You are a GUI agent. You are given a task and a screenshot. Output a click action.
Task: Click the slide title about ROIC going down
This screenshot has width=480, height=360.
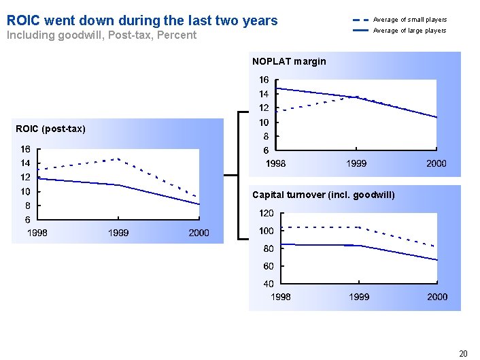point(142,20)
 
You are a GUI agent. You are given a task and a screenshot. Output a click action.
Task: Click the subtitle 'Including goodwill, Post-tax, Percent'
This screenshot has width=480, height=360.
point(101,35)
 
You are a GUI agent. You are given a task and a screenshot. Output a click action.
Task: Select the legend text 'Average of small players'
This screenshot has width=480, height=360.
point(410,20)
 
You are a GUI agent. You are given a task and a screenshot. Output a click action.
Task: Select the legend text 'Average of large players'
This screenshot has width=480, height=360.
point(410,31)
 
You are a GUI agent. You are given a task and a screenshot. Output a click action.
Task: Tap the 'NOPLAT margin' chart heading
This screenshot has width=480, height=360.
point(289,61)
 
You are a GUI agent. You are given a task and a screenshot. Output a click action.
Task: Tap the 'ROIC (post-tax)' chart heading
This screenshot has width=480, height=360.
point(52,129)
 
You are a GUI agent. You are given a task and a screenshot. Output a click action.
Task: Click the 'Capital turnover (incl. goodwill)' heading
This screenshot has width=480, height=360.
point(323,195)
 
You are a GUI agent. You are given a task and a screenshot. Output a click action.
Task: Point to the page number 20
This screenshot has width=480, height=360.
point(463,353)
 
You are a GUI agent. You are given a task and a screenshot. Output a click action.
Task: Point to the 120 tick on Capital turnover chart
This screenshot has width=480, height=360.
point(267,214)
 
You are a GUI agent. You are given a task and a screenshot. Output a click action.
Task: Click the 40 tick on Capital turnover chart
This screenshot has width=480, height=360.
point(269,283)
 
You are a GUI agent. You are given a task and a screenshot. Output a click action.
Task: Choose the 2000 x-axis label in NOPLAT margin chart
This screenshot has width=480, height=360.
point(436,163)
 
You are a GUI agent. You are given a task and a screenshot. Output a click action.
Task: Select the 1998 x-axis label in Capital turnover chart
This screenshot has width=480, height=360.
point(281,297)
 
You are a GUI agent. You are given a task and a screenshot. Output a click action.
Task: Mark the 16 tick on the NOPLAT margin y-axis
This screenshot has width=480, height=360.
point(264,80)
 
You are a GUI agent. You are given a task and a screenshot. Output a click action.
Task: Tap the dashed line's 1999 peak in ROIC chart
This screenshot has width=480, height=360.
point(119,159)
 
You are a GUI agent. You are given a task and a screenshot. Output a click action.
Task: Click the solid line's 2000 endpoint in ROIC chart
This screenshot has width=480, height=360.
point(199,204)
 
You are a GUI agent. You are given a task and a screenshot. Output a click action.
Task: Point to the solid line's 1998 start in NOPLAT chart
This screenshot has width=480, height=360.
point(276,88)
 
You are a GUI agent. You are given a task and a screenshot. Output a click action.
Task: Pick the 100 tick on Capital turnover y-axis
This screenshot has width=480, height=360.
point(267,231)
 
